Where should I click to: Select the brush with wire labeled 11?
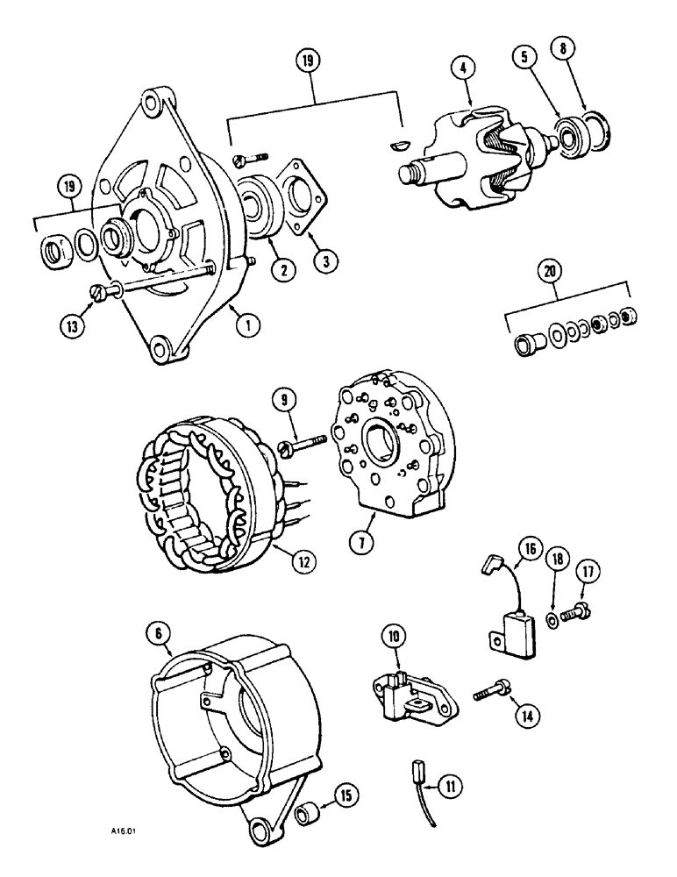(x=417, y=775)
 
